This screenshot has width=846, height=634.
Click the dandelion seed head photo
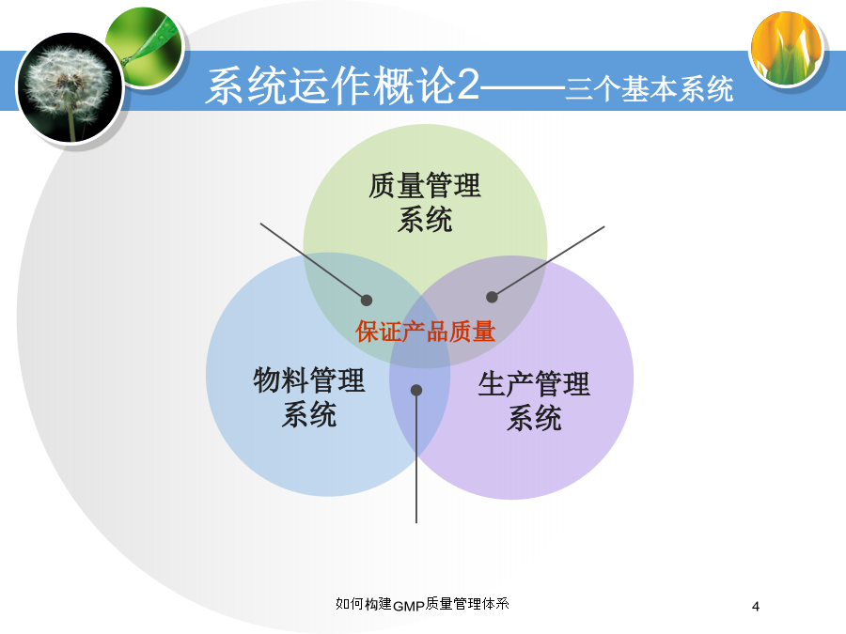[x=70, y=88]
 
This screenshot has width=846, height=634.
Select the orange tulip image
[x=787, y=49]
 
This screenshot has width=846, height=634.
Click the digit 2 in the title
[x=467, y=85]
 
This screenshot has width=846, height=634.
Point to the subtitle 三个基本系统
[x=650, y=88]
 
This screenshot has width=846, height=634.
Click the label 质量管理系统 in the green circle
[x=425, y=202]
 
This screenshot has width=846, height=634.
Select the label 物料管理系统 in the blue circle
[x=309, y=396]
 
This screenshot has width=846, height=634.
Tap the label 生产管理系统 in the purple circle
[x=534, y=400]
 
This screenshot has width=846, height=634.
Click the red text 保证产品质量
[x=425, y=331]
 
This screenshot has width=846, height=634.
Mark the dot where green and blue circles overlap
[x=367, y=301]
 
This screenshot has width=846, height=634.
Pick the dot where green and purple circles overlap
[x=492, y=297]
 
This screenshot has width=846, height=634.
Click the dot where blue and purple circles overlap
[x=416, y=390]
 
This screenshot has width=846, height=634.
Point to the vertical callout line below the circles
[x=416, y=456]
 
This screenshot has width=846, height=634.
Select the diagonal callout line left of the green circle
[x=313, y=261]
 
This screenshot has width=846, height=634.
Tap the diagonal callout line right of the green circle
[x=548, y=261]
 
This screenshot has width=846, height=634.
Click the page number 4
[x=756, y=607]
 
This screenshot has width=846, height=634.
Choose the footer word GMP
[x=409, y=607]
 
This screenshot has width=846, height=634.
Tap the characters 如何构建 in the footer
[x=364, y=604]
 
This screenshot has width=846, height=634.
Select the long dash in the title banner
[x=523, y=86]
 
